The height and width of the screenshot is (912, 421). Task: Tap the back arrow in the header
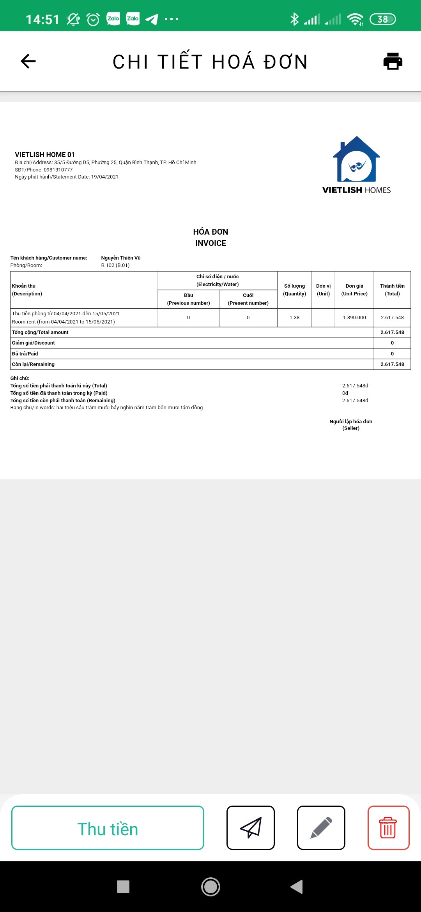pos(28,61)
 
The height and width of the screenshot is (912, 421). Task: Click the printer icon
pos(393,61)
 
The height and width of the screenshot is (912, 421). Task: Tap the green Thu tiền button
pos(108,828)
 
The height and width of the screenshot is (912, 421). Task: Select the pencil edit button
pos(321,828)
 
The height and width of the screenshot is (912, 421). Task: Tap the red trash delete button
pos(388,828)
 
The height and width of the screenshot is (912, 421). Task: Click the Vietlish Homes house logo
pos(356,160)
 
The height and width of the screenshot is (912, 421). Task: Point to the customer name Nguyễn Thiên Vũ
pos(121,258)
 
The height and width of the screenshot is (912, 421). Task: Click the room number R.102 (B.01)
pos(115,265)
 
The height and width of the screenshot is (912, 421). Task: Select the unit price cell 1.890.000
pos(354,318)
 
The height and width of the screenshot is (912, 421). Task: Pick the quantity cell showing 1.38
pos(295,318)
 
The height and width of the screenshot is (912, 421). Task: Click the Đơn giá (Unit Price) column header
pos(354,290)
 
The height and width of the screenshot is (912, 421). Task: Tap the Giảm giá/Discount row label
pos(34,343)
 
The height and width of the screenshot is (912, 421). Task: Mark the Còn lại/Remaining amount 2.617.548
pos(392,364)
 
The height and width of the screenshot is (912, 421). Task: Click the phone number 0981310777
pos(58,170)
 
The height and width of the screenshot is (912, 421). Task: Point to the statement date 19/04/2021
pos(104,177)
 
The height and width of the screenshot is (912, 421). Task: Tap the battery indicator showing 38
pos(382,19)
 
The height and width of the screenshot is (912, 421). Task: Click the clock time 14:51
pos(42,19)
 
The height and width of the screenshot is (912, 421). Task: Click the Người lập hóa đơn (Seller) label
pos(351,425)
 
